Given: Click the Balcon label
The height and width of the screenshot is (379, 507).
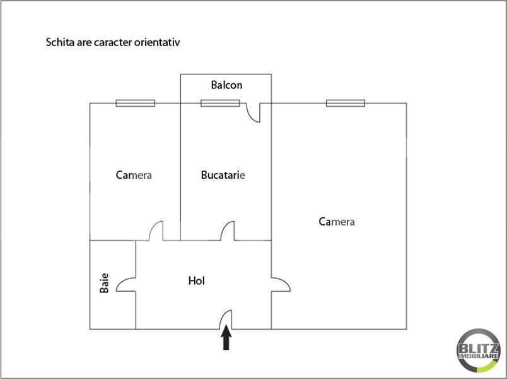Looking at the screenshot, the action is tap(226, 85).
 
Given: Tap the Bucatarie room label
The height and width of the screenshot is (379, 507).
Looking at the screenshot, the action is tap(223, 175).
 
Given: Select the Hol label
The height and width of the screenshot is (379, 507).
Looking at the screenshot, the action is tap(196, 280).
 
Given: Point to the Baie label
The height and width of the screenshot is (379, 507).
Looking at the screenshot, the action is tap(104, 283).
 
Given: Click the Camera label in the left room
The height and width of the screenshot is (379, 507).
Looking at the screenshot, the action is tap(134, 175).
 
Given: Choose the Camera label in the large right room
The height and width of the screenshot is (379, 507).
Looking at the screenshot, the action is tap(337, 222).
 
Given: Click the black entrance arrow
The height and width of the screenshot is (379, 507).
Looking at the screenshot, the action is tap(226, 337).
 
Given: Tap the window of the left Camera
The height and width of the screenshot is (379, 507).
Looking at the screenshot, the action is tap(136, 103).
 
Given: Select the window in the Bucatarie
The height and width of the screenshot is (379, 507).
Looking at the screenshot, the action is tap(220, 103).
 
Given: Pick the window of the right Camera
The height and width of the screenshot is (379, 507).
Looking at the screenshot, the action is tap(346, 103).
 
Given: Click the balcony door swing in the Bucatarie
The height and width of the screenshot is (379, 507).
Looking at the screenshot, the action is tap(250, 116).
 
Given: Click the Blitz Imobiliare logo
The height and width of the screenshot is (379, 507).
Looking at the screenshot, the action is tap(478, 350).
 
